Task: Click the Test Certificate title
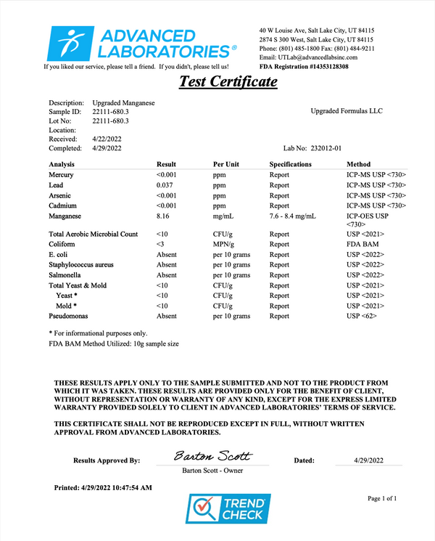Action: (x=228, y=82)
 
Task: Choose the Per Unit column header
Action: (x=226, y=164)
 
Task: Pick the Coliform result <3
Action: (x=161, y=245)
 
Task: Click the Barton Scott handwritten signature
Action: (x=212, y=456)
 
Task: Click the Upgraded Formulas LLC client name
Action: (x=346, y=111)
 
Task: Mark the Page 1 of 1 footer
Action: (x=382, y=499)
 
